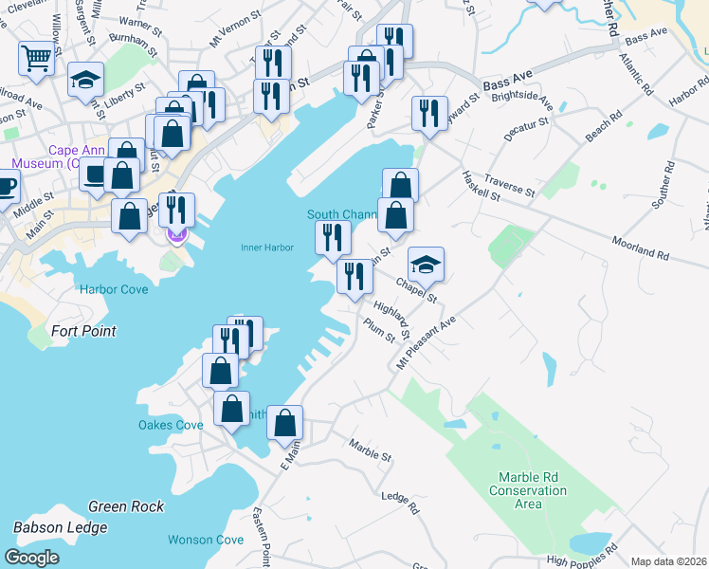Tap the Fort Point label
coord(84,331)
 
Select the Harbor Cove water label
coord(114,289)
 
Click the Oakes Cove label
coord(171,425)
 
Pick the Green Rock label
coord(126,506)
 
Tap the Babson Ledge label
coord(58,527)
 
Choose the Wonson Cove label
coord(206,540)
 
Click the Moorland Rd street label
coord(641,250)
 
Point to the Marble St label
coord(370,450)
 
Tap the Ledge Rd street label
coord(400,502)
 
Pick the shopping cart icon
coord(36,57)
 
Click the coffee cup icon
coord(5,185)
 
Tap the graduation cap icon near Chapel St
coord(426,264)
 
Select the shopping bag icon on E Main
coord(284,422)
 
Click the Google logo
coord(31,558)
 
